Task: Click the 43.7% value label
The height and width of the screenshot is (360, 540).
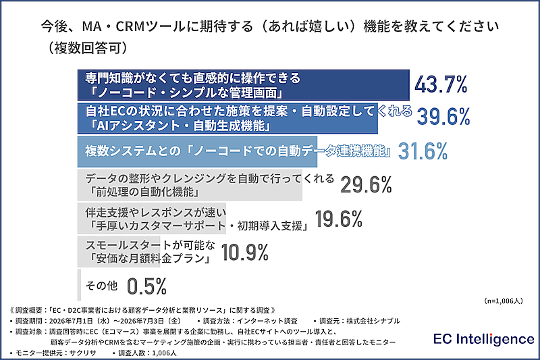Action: coord(441,84)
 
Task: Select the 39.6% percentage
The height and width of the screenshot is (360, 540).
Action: coord(443,117)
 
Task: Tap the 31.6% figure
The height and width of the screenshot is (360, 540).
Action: coord(423,151)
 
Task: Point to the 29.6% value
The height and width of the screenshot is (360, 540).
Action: coord(366,185)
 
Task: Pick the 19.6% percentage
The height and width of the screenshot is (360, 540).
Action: coord(339,219)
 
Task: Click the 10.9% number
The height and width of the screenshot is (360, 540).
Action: coord(244,253)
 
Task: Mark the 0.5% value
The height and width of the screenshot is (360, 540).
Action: coord(146,286)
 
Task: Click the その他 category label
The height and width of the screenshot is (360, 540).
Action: coord(102,286)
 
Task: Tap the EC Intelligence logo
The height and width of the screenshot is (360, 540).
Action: coord(483,339)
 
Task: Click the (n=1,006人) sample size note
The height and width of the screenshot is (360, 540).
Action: coord(504,301)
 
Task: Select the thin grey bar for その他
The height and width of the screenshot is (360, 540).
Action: coord(79,285)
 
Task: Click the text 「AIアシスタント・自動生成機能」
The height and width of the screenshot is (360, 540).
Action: coord(178,126)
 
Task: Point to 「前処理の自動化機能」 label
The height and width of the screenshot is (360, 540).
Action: coord(144,192)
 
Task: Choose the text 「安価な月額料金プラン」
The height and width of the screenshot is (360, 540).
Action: coord(149,259)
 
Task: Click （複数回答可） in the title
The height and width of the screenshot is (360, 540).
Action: coord(88,48)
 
